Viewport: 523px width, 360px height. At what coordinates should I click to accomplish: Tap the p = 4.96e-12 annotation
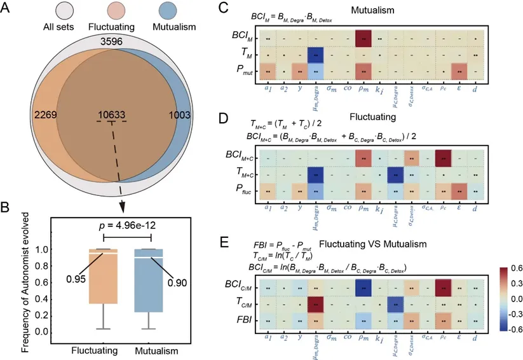119,225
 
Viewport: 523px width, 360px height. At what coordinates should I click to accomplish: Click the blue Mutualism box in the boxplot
151,280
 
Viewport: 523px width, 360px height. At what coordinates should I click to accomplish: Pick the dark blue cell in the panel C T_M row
316,55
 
